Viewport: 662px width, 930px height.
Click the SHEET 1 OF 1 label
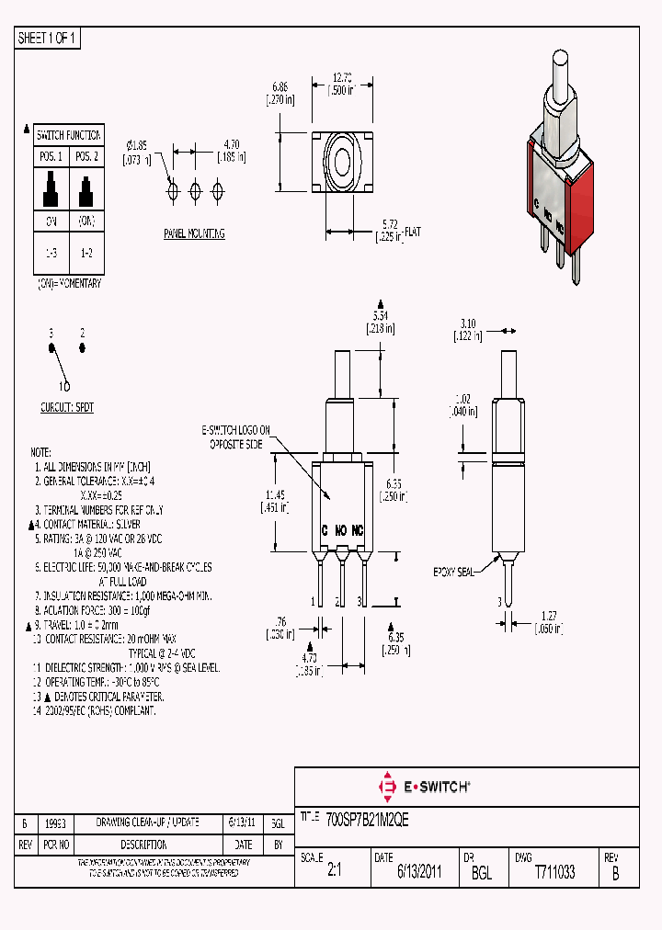pos(48,38)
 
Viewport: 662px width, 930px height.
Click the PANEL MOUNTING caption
pos(194,233)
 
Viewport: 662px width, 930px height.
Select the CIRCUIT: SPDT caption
pos(67,406)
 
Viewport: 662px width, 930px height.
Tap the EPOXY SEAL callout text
pos(453,572)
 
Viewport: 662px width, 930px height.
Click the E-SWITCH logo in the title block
pos(424,787)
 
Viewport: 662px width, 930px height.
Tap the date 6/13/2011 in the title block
pos(419,873)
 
